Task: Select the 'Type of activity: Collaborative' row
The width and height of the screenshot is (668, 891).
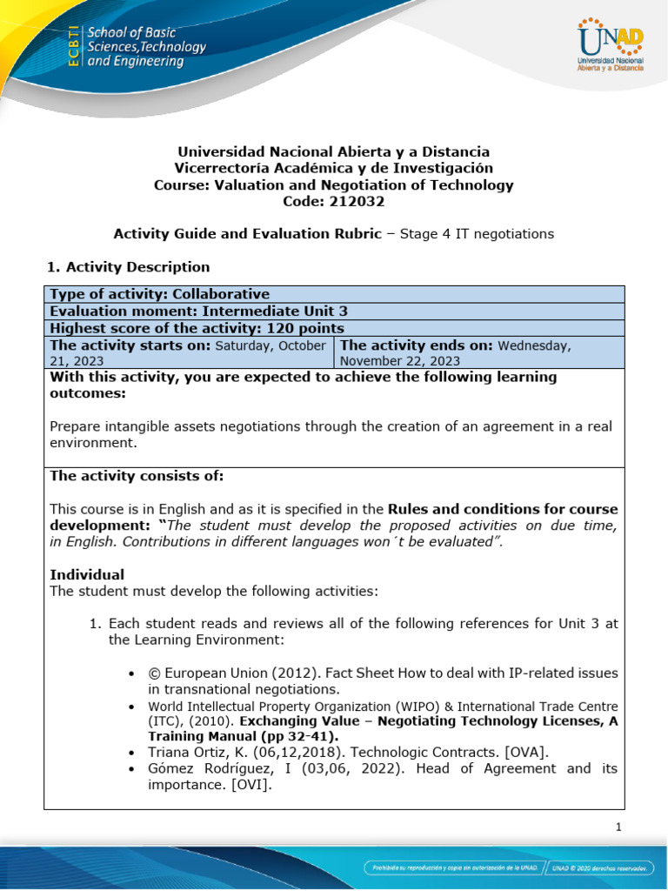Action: click(160, 294)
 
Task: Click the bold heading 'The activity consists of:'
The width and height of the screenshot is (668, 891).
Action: click(137, 476)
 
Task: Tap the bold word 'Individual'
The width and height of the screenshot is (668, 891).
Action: click(87, 574)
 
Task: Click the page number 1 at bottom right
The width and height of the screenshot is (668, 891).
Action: click(618, 827)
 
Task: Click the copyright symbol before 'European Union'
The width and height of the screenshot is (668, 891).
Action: click(156, 673)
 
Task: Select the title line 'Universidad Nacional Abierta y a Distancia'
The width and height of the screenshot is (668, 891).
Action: click(334, 151)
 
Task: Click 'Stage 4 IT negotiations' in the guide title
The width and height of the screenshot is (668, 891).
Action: click(477, 233)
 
